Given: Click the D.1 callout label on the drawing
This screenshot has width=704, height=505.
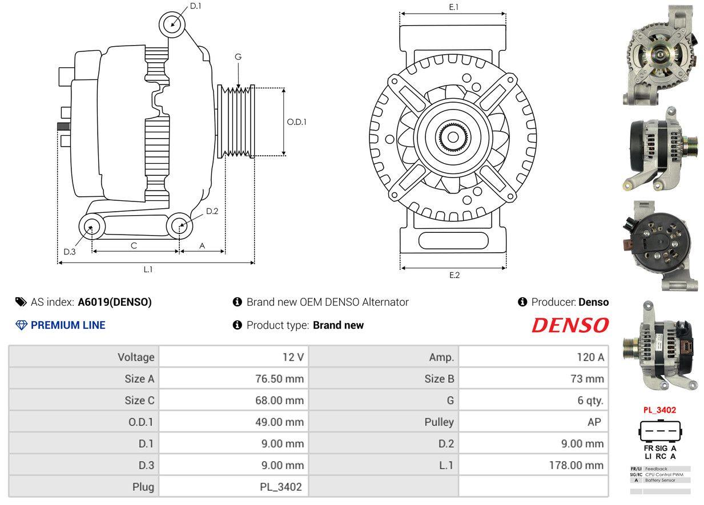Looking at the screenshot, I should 195,6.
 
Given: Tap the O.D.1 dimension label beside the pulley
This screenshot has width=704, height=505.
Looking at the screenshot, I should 297,122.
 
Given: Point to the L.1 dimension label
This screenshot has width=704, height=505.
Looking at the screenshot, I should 148,269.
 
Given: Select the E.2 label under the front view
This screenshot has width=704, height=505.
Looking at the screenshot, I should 454,275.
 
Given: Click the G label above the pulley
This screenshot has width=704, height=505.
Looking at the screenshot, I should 238,56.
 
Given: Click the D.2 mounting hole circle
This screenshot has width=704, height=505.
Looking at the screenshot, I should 180,226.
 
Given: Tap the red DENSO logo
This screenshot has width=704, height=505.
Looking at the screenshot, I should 570,325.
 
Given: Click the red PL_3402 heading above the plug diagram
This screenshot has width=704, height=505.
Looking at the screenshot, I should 659,410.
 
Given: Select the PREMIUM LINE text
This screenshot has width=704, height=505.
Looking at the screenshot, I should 68,325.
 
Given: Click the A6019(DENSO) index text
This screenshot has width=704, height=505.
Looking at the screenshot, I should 115,302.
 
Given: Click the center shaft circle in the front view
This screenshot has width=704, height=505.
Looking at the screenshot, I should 453,137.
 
